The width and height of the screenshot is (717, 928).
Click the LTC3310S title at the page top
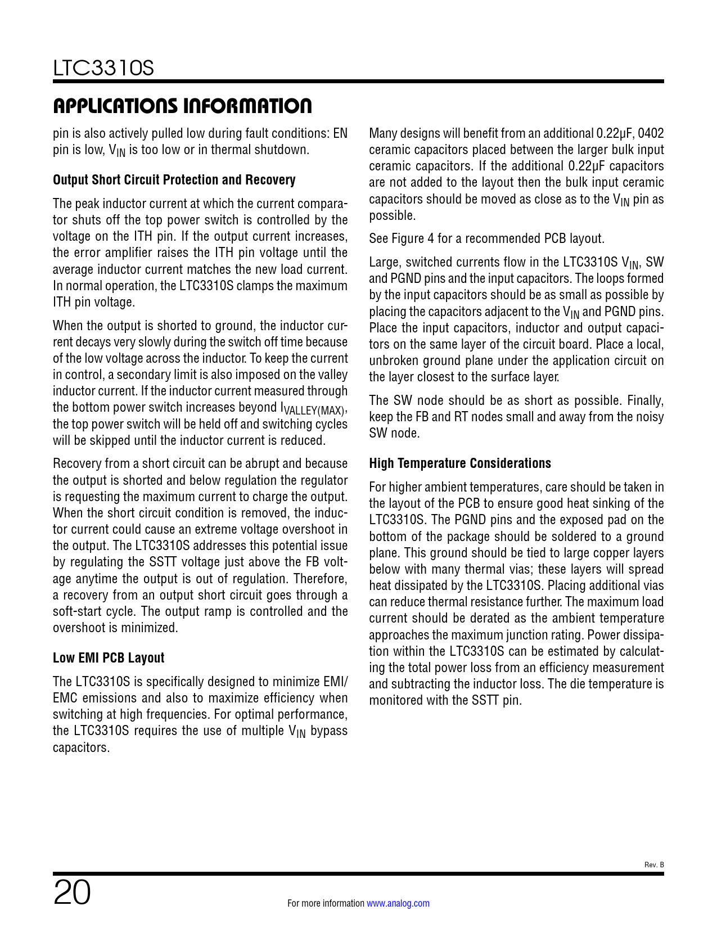tap(103, 69)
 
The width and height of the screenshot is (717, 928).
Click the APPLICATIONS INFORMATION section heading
tap(182, 106)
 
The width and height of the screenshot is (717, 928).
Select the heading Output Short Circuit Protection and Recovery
tap(174, 180)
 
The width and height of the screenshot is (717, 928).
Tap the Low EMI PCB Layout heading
tap(109, 658)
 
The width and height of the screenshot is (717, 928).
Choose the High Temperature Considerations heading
tap(459, 463)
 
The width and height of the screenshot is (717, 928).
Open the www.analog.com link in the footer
tap(398, 903)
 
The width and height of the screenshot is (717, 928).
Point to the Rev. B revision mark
tap(653, 864)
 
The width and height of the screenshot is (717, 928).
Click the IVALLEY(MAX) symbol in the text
tap(313, 409)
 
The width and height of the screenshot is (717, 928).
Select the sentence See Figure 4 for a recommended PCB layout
tap(486, 238)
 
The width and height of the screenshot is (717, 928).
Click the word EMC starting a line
tap(65, 698)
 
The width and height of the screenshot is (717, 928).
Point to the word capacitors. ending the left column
tap(81, 747)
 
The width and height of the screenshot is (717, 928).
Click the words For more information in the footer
tap(326, 903)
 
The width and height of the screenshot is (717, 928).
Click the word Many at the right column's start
tap(382, 133)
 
